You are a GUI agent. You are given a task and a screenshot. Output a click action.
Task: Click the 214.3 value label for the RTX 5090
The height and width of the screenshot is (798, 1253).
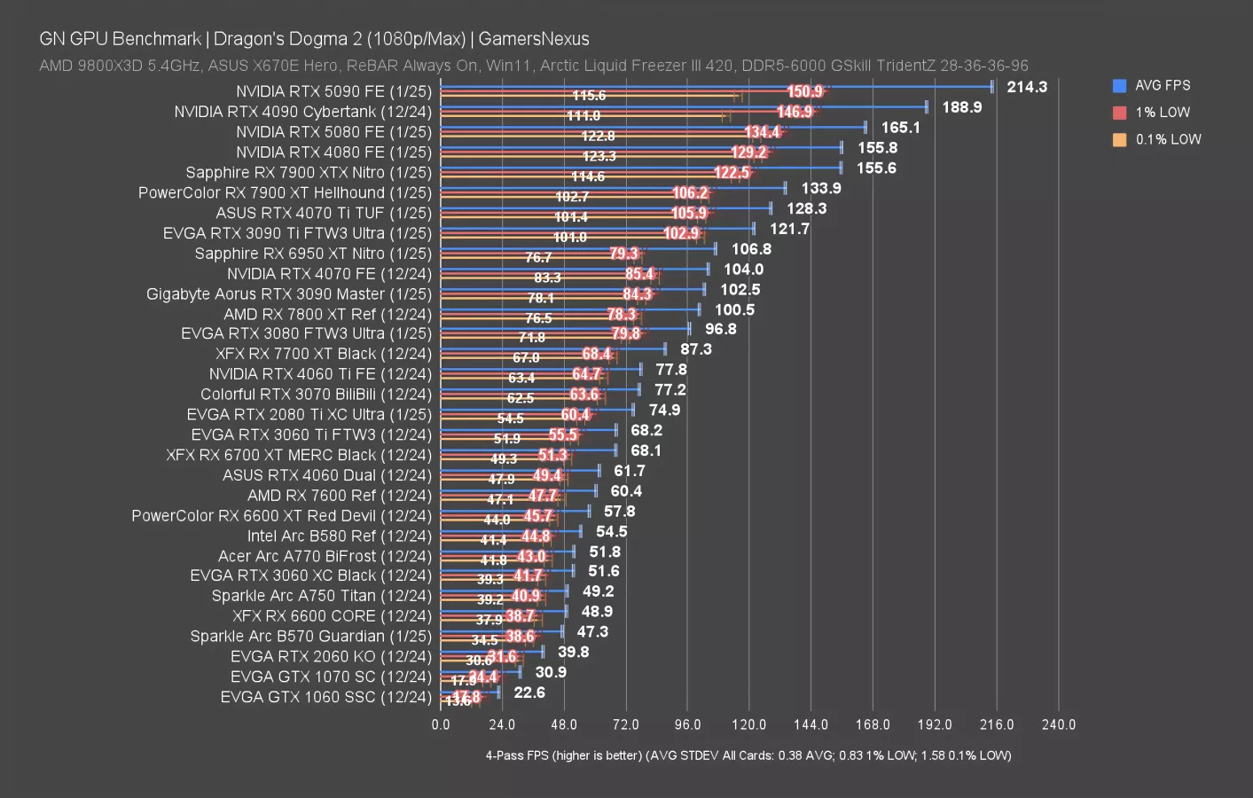click(x=1026, y=87)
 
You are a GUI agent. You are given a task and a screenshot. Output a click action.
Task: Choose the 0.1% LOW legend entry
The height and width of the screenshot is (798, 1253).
click(x=1157, y=139)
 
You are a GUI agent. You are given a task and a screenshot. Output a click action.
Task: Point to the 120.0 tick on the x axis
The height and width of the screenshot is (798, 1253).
click(x=748, y=724)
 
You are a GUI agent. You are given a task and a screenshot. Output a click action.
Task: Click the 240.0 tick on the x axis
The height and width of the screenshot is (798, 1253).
click(x=1058, y=724)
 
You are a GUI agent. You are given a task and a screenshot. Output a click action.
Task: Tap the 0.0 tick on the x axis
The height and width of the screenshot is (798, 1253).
click(x=441, y=724)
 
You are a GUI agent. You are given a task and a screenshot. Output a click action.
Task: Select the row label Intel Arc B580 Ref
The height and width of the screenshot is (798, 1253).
click(x=339, y=536)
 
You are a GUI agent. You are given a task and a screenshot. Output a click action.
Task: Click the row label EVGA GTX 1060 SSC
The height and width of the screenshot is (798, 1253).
click(x=325, y=698)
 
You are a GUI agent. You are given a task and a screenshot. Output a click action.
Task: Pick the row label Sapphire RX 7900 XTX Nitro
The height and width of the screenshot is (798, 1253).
click(x=308, y=173)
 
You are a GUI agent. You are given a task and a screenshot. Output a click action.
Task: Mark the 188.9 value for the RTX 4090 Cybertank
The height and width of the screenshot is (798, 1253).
click(x=961, y=107)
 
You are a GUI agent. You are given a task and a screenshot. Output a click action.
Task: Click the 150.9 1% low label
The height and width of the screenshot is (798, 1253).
click(x=805, y=91)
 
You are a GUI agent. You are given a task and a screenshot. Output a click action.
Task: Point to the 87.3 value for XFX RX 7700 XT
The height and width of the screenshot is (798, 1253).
click(x=696, y=349)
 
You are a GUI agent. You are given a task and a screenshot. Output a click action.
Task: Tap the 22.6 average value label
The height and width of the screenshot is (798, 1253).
click(x=529, y=692)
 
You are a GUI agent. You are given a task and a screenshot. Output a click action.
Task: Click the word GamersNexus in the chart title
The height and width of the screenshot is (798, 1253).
click(x=534, y=39)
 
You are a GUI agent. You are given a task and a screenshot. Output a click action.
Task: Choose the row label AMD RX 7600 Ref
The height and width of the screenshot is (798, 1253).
click(x=339, y=496)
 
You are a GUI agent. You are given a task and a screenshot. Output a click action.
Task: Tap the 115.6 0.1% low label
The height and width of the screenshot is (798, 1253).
click(x=589, y=96)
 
